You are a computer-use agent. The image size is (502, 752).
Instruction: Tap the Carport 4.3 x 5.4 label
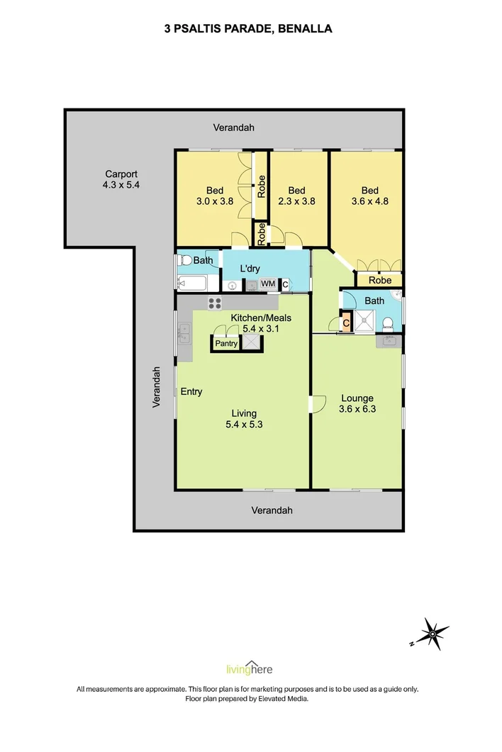[x=121, y=179]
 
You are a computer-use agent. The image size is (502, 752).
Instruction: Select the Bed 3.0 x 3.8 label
[x=215, y=196]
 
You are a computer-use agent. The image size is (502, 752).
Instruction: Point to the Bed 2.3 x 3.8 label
[x=296, y=196]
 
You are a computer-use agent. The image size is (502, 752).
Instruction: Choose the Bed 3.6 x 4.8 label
[x=369, y=196]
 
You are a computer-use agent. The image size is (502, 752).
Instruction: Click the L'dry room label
[x=250, y=269]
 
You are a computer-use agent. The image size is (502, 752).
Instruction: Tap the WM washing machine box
[x=268, y=284]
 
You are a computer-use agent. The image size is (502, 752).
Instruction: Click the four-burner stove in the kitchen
[x=215, y=303]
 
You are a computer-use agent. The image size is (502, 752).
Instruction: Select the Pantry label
[x=226, y=344]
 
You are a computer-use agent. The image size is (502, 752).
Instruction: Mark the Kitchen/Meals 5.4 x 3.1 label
[x=262, y=323]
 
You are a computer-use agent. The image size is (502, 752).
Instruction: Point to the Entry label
[x=191, y=392]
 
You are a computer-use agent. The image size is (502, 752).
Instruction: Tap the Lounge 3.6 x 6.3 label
[x=356, y=403]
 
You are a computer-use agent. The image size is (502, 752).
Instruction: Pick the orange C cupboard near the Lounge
[x=346, y=323]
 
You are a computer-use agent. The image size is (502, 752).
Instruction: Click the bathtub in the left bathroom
[x=191, y=284]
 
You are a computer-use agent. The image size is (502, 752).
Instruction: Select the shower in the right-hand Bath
[x=365, y=322]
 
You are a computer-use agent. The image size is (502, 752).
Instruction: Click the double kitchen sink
[x=184, y=332]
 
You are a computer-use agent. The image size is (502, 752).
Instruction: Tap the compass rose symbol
[x=432, y=633]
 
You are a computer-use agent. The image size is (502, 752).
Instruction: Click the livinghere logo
[x=248, y=669]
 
